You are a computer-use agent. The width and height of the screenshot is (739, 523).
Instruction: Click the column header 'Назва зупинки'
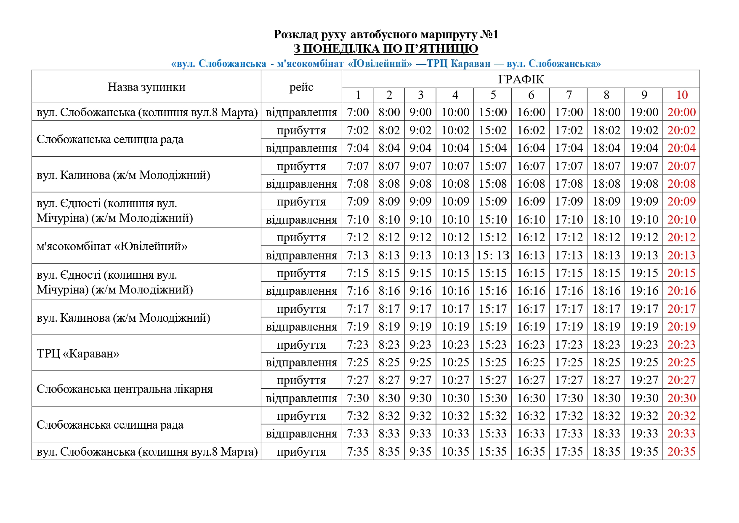click(x=146, y=87)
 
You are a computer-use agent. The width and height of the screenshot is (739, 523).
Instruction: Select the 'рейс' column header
click(x=301, y=87)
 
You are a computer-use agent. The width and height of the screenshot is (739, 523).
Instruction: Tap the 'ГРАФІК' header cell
click(x=521, y=79)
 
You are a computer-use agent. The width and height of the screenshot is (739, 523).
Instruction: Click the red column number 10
click(x=681, y=95)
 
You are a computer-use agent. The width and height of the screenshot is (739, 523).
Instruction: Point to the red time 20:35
click(x=681, y=451)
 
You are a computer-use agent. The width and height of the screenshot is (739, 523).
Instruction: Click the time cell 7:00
click(x=358, y=112)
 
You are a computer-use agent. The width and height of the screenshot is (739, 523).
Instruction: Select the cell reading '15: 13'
click(x=493, y=255)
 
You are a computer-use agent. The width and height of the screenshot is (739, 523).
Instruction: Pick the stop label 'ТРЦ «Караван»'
click(x=78, y=353)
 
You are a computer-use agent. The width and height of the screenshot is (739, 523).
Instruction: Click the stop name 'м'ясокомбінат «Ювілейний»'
click(x=112, y=246)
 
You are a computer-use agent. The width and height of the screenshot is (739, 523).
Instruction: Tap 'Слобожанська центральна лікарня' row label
click(x=125, y=389)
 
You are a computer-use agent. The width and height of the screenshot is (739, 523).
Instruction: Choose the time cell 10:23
click(x=455, y=344)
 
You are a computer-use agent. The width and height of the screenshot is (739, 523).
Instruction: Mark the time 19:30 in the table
click(x=644, y=398)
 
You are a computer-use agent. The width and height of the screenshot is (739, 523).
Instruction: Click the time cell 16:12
click(x=531, y=237)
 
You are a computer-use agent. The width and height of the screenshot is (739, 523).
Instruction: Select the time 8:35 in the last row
click(x=389, y=451)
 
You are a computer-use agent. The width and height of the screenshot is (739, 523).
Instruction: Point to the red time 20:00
click(x=681, y=112)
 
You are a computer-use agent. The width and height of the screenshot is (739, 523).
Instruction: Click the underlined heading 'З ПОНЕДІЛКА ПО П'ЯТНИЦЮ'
click(x=386, y=49)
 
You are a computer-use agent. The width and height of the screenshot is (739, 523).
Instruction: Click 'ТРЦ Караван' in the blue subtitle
click(x=459, y=64)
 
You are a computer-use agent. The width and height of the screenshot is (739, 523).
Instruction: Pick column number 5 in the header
click(x=493, y=95)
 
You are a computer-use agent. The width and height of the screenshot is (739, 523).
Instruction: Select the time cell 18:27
click(x=606, y=380)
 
